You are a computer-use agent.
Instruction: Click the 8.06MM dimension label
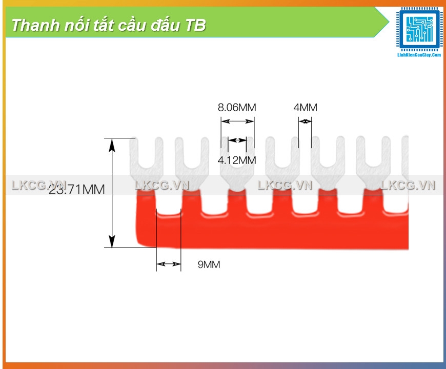pos(236,108)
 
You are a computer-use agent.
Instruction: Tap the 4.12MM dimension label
pos(236,160)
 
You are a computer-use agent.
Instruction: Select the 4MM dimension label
pos(305,108)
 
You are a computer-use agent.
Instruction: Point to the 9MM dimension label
pos(209,264)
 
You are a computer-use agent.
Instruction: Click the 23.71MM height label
pos(77,190)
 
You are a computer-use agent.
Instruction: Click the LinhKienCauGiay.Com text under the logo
pos(419,54)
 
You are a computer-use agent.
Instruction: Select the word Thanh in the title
pos(28,25)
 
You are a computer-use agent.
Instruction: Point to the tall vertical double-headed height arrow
pos(112,193)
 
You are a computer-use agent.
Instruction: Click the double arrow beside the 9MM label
pos(169,264)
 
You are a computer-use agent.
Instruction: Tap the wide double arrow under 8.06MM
pos(237,121)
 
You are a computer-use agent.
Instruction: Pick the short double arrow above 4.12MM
pos(237,140)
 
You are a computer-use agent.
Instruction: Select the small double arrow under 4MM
pos(305,121)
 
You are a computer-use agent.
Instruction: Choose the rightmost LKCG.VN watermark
pos(408,186)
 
